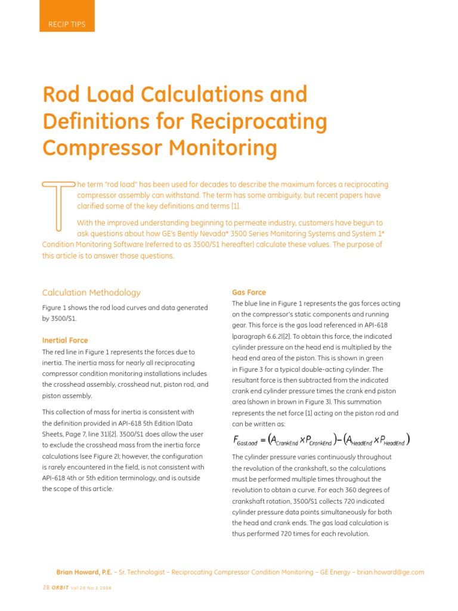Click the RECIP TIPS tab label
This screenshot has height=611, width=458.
[x=67, y=24]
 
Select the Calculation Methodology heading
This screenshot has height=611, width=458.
[x=91, y=292]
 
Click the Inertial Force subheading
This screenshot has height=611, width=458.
[x=65, y=340]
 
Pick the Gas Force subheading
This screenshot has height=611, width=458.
[x=249, y=292]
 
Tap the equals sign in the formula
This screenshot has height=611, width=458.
[x=262, y=440]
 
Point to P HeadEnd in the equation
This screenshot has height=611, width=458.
[x=393, y=441]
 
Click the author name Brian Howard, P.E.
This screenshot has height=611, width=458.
[x=83, y=572]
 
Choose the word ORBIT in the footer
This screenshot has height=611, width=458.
[x=60, y=587]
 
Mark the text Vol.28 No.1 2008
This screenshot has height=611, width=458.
[x=91, y=587]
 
